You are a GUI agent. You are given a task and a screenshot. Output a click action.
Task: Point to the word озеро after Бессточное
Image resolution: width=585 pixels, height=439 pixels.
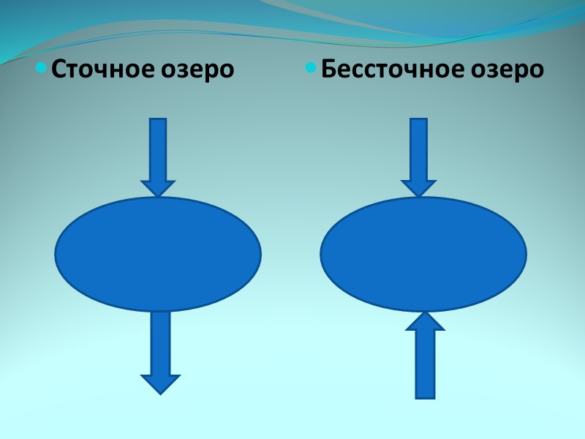[x=507, y=70]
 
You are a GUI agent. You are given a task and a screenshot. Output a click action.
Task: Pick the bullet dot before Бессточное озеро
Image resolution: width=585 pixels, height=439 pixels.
[x=311, y=69]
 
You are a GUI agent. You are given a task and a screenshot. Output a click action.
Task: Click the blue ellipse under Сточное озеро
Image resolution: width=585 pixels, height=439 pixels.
[x=158, y=254]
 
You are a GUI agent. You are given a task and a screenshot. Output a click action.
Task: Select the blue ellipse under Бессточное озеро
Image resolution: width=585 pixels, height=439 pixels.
[x=423, y=254]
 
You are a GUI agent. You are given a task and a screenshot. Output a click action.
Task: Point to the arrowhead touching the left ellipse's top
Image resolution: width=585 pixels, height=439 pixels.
[x=158, y=188]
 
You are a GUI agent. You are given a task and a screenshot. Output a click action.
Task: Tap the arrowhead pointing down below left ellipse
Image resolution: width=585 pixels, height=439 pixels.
[x=160, y=383]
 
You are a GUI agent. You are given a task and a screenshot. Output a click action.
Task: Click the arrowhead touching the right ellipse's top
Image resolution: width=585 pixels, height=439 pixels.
[x=418, y=188]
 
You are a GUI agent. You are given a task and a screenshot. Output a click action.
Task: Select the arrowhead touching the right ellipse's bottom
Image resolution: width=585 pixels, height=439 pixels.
[x=425, y=321]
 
